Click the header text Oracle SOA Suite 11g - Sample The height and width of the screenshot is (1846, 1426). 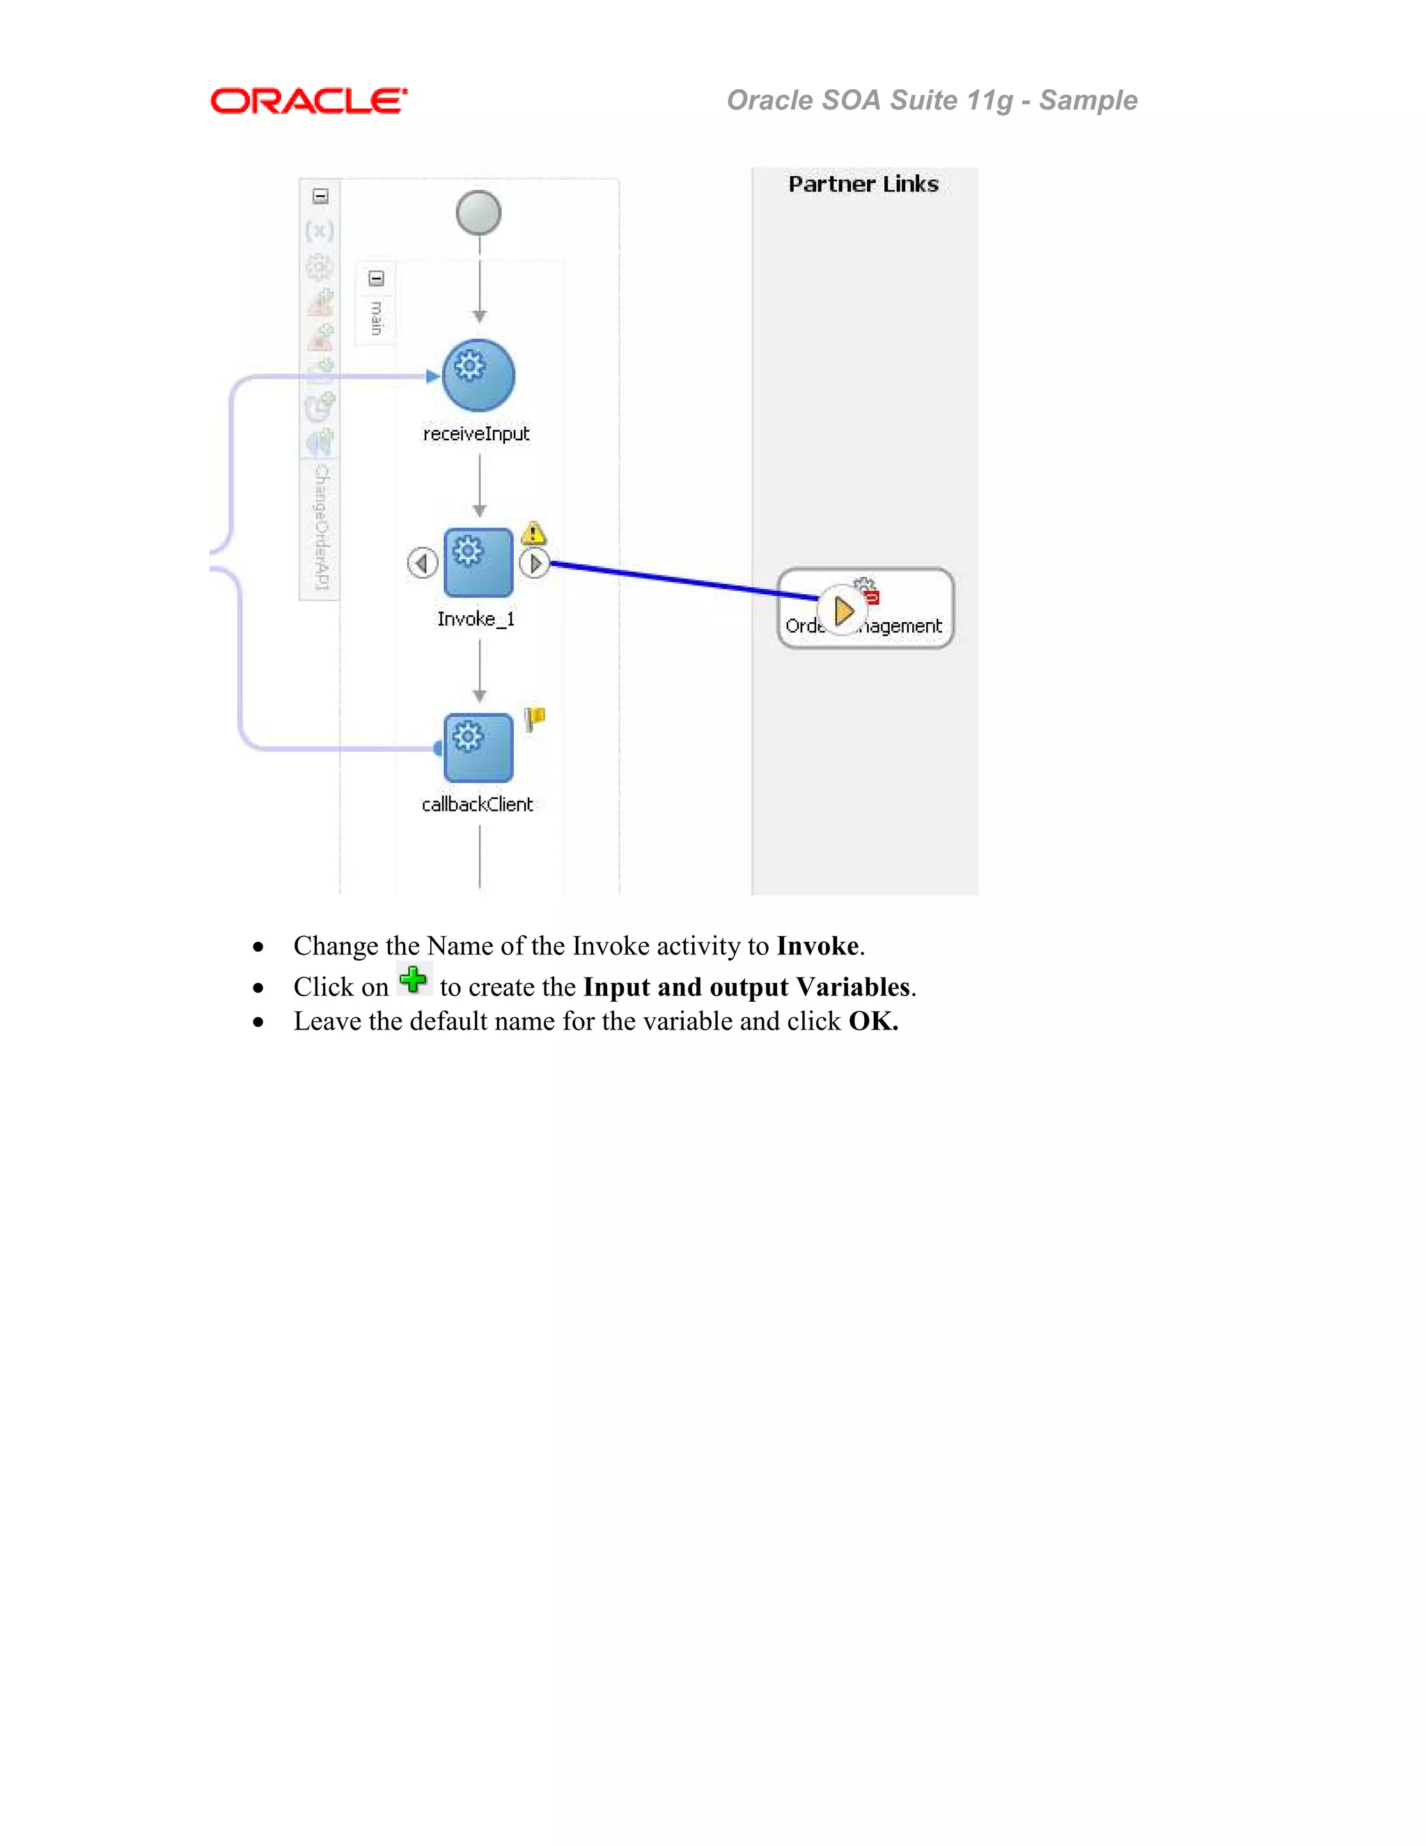(x=931, y=100)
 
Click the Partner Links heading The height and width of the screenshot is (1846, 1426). (x=863, y=185)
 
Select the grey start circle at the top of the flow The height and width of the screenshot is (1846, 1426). (x=478, y=212)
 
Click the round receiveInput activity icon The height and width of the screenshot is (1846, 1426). (x=478, y=375)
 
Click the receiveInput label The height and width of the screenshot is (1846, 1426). (x=476, y=433)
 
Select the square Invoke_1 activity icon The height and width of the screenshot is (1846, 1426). (x=478, y=562)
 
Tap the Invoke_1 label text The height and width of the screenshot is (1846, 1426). (x=476, y=619)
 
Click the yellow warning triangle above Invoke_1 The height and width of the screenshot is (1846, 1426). (x=533, y=534)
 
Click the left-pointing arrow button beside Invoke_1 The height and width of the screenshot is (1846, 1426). (x=423, y=562)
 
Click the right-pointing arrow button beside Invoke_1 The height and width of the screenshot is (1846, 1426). (x=534, y=562)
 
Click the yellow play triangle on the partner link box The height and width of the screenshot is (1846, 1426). (x=843, y=610)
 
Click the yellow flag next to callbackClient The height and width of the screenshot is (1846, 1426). (x=535, y=718)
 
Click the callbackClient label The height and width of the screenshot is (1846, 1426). (x=477, y=804)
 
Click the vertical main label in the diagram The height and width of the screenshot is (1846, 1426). (x=377, y=318)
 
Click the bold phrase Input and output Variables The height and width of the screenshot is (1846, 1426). (x=746, y=986)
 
